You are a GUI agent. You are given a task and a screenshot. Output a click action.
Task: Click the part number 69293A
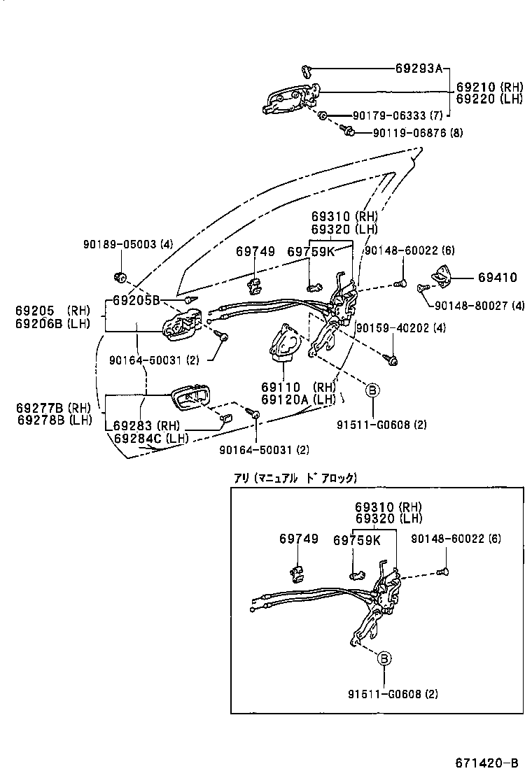coord(419,69)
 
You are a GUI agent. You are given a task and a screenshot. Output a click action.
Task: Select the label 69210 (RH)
coord(489,87)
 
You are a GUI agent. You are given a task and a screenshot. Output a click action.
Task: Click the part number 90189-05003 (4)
coord(127,244)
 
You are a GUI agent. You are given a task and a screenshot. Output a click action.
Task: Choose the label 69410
coord(498,278)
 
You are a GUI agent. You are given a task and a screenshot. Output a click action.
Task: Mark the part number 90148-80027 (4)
coord(479,305)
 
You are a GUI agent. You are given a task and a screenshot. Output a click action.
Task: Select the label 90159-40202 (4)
coord(401,327)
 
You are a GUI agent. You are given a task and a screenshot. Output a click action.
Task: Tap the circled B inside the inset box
coord(384,658)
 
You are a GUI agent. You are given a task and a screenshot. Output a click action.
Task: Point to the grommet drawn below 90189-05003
coord(120,276)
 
